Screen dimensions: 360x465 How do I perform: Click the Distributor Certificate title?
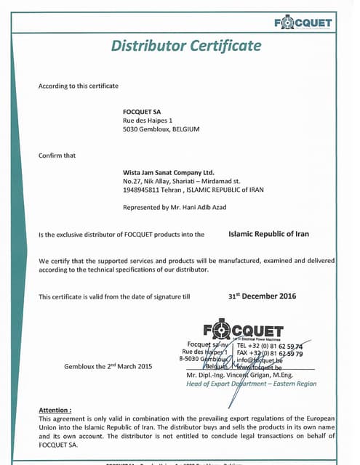pos(186,46)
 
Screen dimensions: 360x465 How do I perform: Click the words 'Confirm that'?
pos(57,155)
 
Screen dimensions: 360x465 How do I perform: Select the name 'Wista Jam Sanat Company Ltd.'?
pos(169,172)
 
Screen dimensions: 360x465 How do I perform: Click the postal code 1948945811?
pos(143,190)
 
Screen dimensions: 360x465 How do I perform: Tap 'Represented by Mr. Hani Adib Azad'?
pos(175,208)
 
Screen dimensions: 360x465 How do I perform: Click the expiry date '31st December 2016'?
pos(263,296)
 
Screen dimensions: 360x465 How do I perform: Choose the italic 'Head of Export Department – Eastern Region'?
pos(252,384)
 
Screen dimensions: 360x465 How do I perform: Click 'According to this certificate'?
pos(78,86)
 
